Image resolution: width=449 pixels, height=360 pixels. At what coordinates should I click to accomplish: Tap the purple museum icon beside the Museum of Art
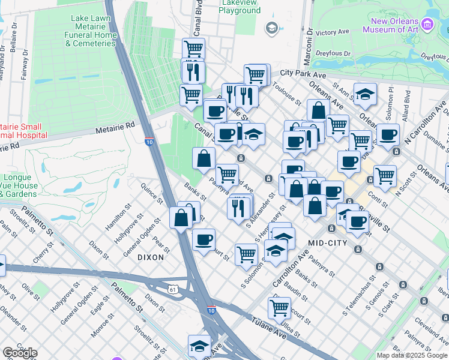(x=427, y=25)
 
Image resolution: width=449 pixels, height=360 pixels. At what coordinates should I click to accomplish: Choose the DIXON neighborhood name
(x=150, y=257)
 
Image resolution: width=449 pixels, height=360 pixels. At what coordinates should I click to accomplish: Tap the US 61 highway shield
(x=173, y=289)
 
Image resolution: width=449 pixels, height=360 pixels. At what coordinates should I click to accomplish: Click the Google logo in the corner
(x=20, y=353)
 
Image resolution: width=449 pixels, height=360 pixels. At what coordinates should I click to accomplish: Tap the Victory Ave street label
(x=332, y=31)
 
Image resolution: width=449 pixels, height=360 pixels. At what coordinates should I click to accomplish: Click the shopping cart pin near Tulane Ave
(x=279, y=308)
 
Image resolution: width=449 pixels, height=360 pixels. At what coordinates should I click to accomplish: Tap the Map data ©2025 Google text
(x=412, y=355)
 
